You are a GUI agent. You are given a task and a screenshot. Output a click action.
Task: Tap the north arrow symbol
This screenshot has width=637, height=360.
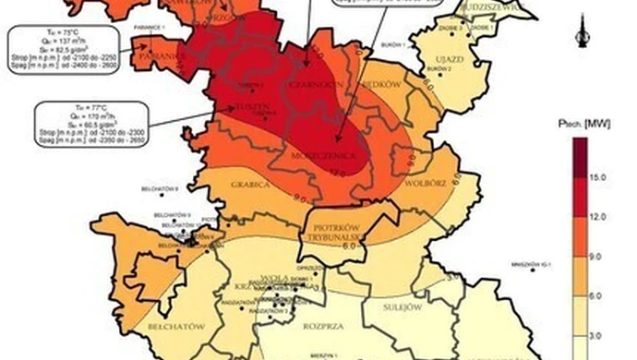point(582,31)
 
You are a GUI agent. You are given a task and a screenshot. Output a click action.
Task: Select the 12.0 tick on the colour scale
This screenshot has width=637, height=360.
point(598,214)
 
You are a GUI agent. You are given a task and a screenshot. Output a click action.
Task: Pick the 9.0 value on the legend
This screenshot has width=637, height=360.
point(598,254)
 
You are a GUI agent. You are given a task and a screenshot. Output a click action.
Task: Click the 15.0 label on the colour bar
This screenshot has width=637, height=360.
point(598,175)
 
